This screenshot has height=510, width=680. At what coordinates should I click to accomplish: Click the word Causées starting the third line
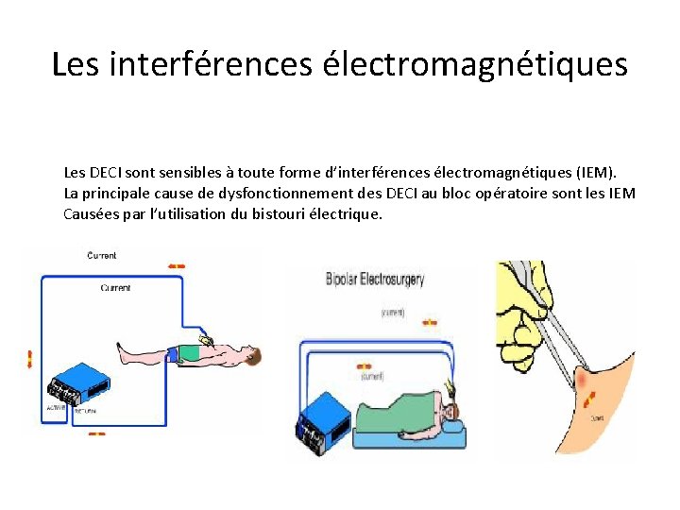(90, 213)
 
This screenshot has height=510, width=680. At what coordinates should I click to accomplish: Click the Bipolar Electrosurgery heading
(375, 279)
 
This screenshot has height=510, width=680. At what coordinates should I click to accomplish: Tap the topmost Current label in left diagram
(102, 255)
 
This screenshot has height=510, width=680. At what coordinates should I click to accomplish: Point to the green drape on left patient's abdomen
(190, 352)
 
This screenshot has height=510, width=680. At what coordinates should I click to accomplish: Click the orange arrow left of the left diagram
(29, 358)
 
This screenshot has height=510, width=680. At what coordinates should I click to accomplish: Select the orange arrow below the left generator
(96, 433)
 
